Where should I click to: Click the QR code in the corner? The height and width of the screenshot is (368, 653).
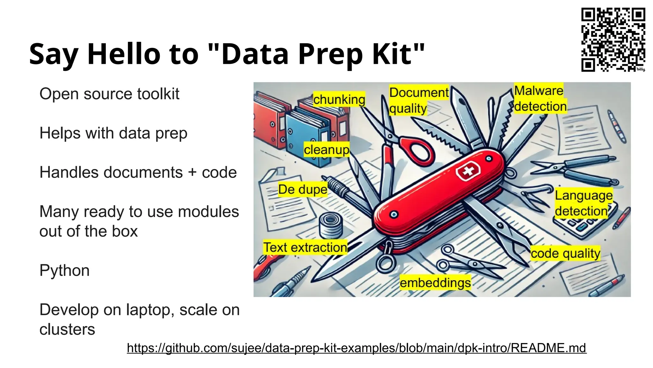pos(613,40)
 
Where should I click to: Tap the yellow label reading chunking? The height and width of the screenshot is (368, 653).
pos(339,99)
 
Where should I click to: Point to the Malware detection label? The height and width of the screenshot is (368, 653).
pos(540,98)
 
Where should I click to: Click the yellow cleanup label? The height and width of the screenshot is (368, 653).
pos(326,149)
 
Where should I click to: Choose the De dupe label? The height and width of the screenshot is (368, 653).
pos(302,189)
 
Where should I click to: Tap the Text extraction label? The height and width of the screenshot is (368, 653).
pos(305,247)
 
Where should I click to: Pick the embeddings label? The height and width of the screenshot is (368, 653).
pos(435,283)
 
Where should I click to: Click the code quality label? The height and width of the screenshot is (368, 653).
pos(565,253)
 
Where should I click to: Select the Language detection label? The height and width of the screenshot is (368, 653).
pos(583,203)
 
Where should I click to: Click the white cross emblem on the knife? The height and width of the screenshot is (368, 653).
pos(468,172)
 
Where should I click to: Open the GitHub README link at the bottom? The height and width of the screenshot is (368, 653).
pos(356,348)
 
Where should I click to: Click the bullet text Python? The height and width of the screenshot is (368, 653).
pos(64,271)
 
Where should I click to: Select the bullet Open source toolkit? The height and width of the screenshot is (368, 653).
pos(109,94)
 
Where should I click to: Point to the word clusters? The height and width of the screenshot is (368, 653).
pos(67,329)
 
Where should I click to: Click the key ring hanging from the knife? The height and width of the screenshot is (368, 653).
pos(385,263)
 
